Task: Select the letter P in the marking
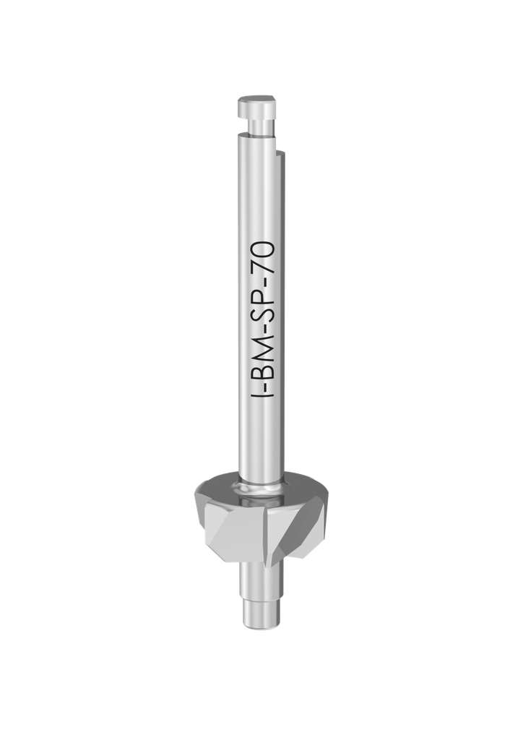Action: tap(262, 303)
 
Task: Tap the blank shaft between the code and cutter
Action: tap(261, 441)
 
